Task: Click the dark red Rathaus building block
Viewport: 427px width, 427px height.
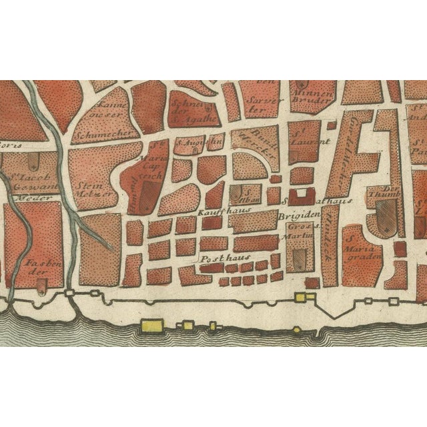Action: [304, 195]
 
